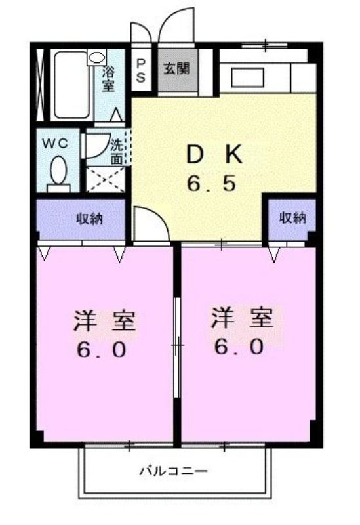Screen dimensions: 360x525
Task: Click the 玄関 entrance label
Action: pos(176,69)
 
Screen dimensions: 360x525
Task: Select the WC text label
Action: pos(56,143)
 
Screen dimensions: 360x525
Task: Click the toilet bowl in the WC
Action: pos(58,170)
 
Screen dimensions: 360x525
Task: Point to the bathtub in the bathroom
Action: pos(71,85)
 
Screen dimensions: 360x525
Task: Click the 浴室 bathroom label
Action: pos(109,79)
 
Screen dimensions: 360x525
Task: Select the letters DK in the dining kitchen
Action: pos(214,155)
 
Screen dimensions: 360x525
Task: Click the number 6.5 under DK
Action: pos(211,184)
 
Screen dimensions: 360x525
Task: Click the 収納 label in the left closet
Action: pos(90,219)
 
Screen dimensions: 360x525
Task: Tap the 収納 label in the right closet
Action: pos(292,219)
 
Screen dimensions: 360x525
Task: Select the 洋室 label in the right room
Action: pos(242,318)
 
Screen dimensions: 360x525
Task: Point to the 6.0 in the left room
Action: pos(102,350)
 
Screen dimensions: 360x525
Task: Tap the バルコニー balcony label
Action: pos(174,472)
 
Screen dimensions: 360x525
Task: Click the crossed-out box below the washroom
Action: pos(106,179)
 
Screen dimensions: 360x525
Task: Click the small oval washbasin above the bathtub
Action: pos(96,58)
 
